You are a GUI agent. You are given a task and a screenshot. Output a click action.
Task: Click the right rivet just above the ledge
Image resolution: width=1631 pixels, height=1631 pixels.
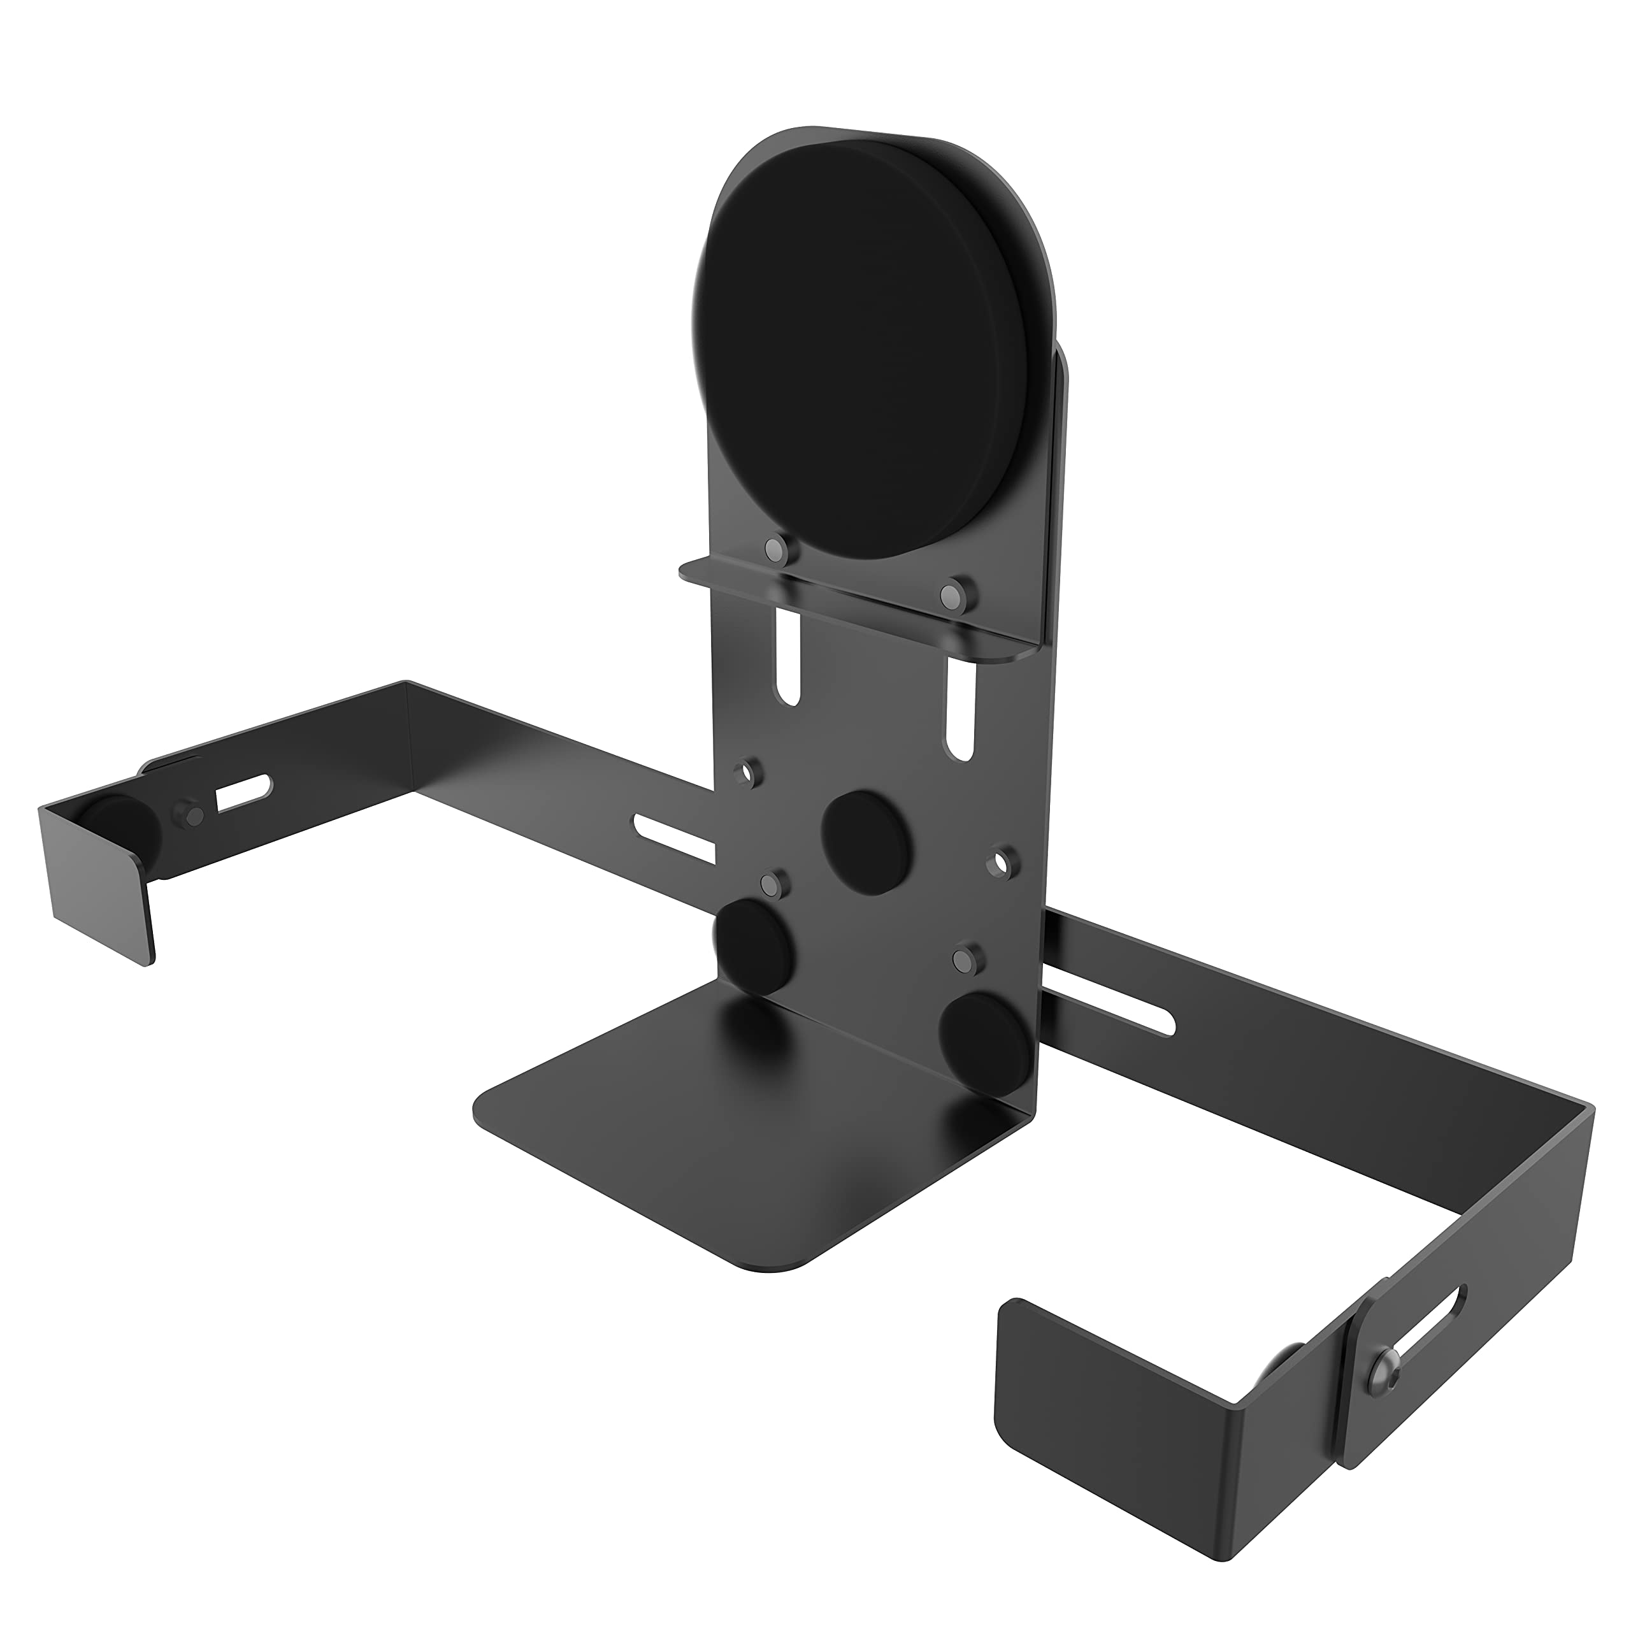click(951, 595)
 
